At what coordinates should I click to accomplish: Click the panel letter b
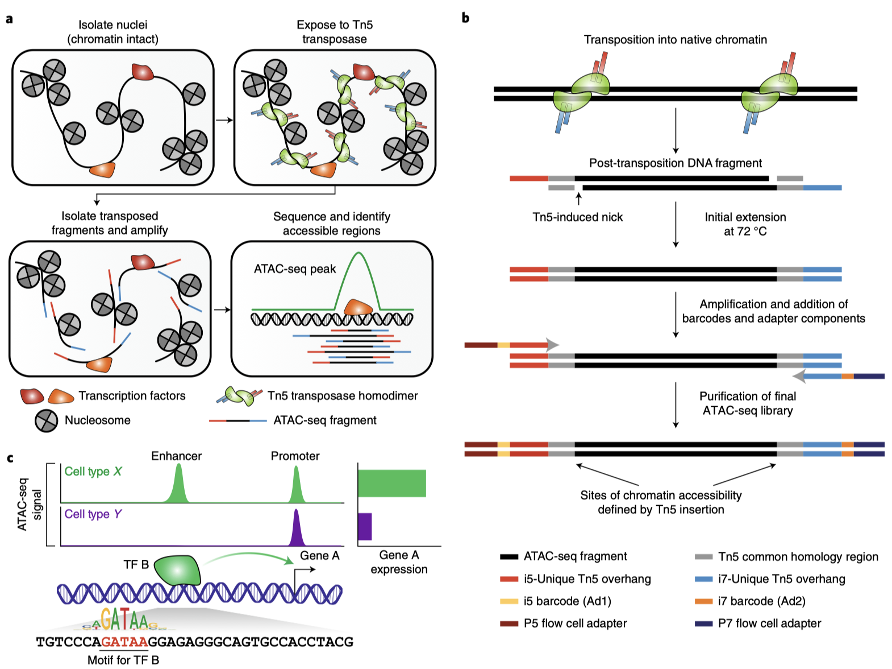[466, 18]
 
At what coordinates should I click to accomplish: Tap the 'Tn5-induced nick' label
[577, 217]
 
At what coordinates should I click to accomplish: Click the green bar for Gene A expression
[392, 483]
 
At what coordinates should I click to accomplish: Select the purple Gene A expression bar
[365, 527]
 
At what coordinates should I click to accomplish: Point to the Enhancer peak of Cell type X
[178, 484]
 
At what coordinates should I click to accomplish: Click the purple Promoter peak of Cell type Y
[296, 528]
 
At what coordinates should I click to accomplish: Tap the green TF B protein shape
[177, 571]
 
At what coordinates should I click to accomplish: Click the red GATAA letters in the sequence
[124, 642]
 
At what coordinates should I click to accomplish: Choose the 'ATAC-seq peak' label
[295, 269]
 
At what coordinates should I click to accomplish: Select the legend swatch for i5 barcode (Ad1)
[509, 601]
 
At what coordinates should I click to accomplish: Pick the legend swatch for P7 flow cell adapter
[703, 623]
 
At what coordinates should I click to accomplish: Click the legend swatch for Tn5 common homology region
[703, 557]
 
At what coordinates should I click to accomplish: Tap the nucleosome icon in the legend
[47, 421]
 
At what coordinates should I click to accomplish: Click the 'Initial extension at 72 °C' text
[745, 224]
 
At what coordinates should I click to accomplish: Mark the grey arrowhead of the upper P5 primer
[552, 345]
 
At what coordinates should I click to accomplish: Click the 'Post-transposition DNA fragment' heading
[676, 163]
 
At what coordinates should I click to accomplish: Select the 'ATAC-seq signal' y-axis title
[29, 504]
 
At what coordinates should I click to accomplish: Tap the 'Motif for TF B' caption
[123, 660]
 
